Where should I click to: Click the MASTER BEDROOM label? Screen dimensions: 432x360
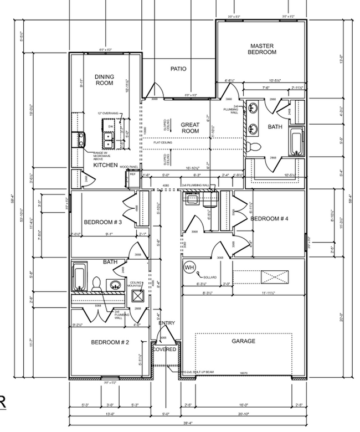click(x=263, y=49)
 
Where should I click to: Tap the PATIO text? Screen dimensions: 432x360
click(x=178, y=69)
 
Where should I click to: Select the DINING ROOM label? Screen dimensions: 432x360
click(x=104, y=80)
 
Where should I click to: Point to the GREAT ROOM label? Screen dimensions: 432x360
click(x=190, y=128)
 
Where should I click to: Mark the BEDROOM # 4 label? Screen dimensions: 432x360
click(x=270, y=219)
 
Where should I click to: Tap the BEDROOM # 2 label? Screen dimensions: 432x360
click(x=110, y=343)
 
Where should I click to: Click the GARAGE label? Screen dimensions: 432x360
click(x=243, y=341)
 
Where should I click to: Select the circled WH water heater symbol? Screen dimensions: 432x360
click(x=189, y=267)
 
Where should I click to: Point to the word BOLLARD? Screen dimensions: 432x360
click(x=209, y=276)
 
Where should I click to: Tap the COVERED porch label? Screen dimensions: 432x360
click(x=164, y=349)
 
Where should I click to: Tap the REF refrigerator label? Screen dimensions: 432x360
click(x=133, y=174)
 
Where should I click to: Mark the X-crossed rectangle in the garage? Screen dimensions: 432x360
click(x=271, y=276)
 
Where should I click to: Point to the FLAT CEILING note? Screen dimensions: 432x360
click(x=162, y=143)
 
